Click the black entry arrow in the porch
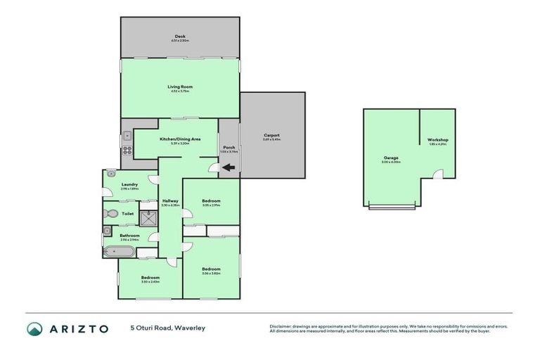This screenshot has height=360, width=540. (x=228, y=167)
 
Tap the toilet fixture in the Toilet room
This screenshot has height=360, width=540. (x=110, y=213)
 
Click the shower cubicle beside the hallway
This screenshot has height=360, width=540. (x=148, y=218)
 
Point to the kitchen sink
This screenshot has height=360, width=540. (x=127, y=136)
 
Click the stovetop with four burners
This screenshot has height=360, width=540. (x=127, y=150)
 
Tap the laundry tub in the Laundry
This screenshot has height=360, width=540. (x=111, y=172)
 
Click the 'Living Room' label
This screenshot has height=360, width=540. (x=180, y=86)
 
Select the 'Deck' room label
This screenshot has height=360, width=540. (x=180, y=37)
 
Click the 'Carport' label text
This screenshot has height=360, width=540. (x=271, y=135)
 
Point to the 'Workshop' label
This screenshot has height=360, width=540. (x=438, y=140)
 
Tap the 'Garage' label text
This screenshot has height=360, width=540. (x=391, y=157)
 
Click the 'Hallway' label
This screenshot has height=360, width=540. (x=169, y=201)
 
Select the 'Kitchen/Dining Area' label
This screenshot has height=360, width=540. (x=180, y=139)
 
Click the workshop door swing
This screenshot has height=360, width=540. (x=437, y=174)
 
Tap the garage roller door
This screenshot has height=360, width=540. (x=392, y=207)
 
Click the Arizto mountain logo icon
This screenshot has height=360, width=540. (x=34, y=329)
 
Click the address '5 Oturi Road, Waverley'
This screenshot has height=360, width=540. (x=167, y=328)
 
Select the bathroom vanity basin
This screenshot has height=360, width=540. (x=107, y=230)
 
